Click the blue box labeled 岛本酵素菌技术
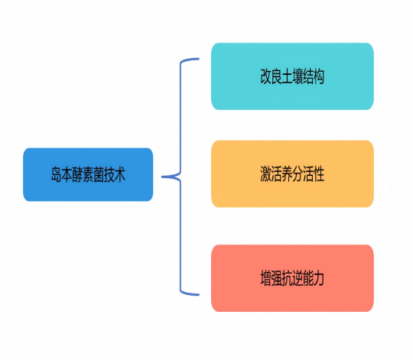coord(88,175)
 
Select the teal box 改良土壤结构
coord(292,76)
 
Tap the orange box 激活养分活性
coord(292,174)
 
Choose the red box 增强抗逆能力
coord(292,278)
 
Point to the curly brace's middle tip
coord(164,177)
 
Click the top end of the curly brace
coord(198,59)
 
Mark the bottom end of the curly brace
coord(198,294)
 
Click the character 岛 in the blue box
coord(56,175)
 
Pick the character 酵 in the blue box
coord(77,175)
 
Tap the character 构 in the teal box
coord(319,76)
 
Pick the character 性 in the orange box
coord(319,174)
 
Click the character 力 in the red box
coord(319,278)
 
